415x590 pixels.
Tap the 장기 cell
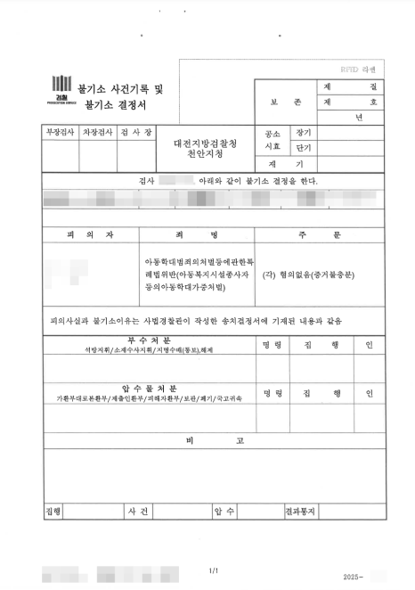[304, 132]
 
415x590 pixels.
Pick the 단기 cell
[304, 148]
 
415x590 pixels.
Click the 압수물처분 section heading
[149, 389]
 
